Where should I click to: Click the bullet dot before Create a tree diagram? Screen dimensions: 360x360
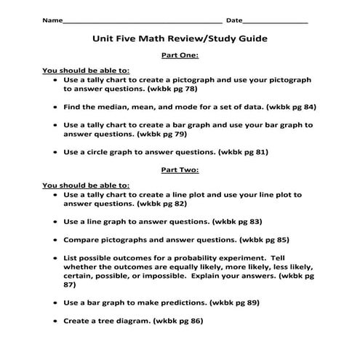pos(55,319)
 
